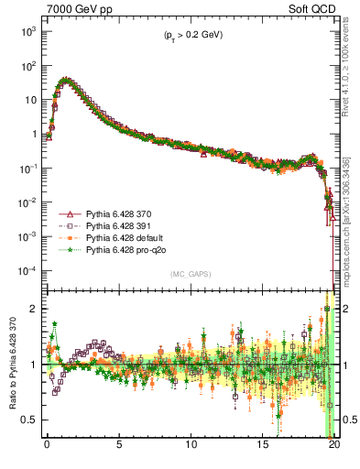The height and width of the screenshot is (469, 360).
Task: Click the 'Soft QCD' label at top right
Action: [313, 8]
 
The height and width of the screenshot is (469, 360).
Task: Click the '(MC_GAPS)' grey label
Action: [190, 274]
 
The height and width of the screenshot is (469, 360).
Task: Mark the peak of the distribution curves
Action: [64, 80]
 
